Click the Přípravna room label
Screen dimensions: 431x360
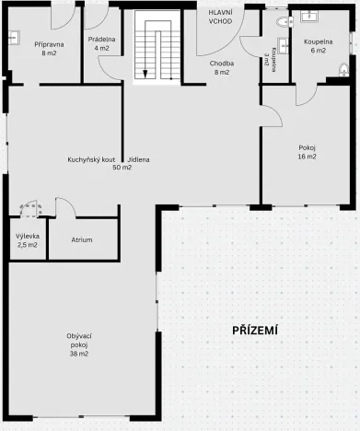click(49, 49)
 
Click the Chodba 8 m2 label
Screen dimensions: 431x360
click(221, 66)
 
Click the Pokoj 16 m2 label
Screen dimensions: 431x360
click(307, 152)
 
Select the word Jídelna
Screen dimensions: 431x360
click(140, 160)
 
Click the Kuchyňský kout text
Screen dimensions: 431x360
click(90, 160)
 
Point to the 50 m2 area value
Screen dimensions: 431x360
click(122, 169)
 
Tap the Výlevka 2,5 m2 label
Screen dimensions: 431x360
click(27, 241)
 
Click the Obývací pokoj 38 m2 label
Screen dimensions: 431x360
click(77, 344)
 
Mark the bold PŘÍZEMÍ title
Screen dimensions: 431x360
click(255, 331)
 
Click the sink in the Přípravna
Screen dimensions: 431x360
click(14, 38)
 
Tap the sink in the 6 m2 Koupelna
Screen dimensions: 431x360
click(308, 16)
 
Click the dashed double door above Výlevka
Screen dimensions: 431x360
click(29, 209)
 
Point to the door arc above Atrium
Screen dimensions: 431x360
click(66, 207)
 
